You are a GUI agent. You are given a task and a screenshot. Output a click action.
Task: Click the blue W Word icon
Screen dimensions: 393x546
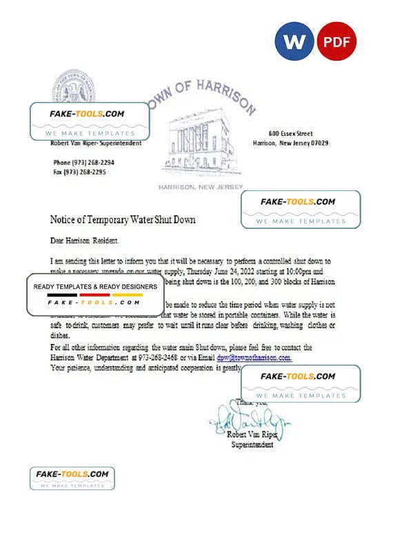click(x=294, y=42)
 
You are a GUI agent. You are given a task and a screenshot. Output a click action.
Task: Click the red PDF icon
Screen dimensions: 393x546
click(x=336, y=42)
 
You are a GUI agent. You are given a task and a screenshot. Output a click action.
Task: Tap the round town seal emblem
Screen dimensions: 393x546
click(x=74, y=88)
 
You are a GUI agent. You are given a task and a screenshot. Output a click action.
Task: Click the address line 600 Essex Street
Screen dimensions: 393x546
click(x=290, y=133)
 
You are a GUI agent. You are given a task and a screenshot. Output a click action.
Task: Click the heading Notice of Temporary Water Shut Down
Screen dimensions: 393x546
click(x=123, y=220)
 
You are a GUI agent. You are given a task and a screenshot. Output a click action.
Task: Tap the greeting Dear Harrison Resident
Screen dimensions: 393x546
click(x=84, y=241)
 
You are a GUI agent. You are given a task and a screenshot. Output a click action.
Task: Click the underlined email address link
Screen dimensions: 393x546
click(x=254, y=358)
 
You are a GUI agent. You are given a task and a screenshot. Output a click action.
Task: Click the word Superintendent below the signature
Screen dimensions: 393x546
click(x=252, y=445)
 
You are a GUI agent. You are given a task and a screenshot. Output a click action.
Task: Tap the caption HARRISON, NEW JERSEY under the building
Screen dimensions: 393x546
click(x=201, y=188)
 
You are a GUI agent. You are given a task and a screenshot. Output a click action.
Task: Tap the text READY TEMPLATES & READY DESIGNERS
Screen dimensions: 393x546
click(x=95, y=286)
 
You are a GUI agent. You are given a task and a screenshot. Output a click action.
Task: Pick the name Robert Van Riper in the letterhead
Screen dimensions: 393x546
click(x=71, y=143)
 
